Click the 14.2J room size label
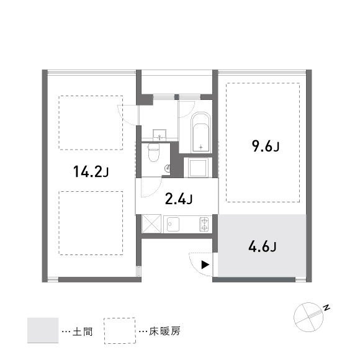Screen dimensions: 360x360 click(x=91, y=172)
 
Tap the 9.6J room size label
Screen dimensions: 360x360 click(x=266, y=146)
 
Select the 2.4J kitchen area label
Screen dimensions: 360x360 click(x=179, y=199)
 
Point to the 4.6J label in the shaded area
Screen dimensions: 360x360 click(x=263, y=247)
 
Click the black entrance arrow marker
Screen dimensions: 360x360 click(x=205, y=264)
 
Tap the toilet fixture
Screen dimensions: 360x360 click(x=153, y=153)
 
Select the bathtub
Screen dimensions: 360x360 click(x=201, y=132)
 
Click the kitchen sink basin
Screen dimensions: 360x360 click(x=173, y=224)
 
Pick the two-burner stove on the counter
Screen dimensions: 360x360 click(x=204, y=224)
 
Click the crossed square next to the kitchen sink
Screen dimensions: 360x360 click(x=152, y=224)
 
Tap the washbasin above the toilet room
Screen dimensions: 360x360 click(x=160, y=135)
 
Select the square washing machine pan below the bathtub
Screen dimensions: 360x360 click(x=199, y=168)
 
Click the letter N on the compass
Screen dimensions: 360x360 click(x=326, y=308)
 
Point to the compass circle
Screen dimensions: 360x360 click(x=308, y=317)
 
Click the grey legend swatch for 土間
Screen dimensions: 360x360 click(x=43, y=330)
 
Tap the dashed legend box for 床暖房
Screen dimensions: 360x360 click(x=120, y=331)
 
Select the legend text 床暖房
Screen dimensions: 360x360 click(x=164, y=331)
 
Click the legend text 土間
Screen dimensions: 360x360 click(x=83, y=331)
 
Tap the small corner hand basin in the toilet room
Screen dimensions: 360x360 click(x=168, y=168)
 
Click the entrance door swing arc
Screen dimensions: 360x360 click(x=195, y=268)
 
